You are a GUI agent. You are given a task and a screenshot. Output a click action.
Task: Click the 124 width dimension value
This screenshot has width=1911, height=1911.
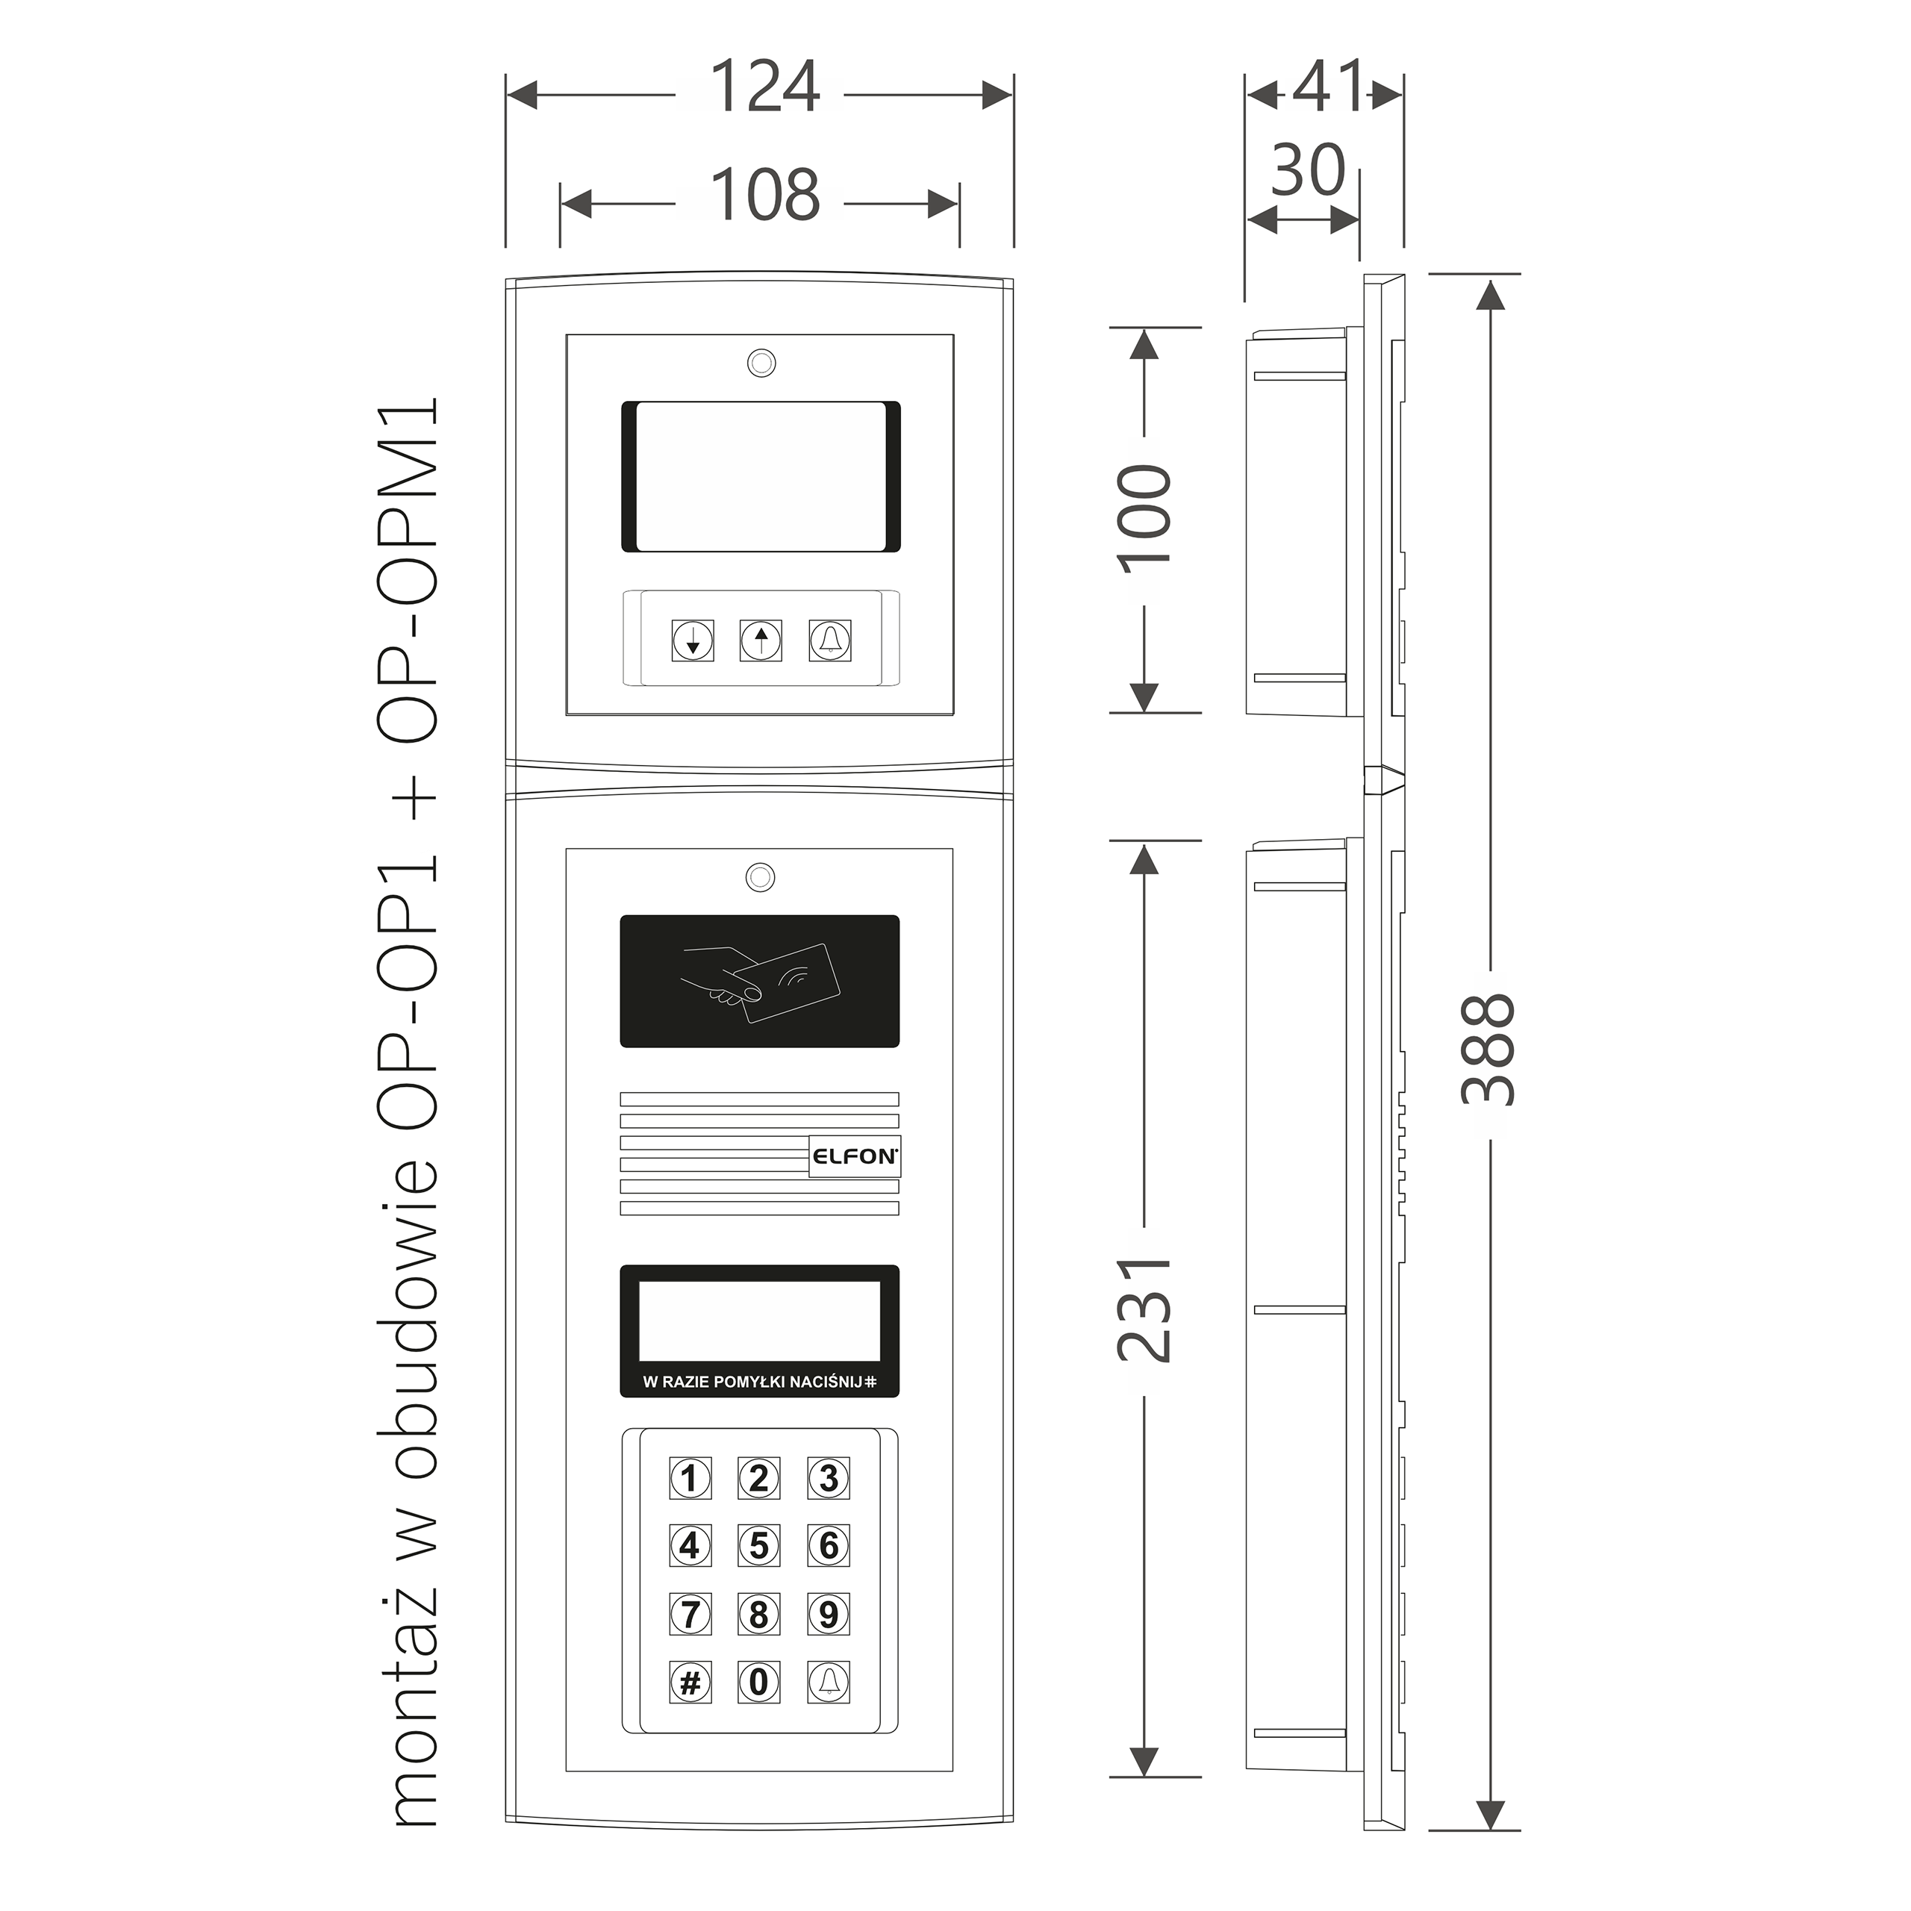click(x=764, y=87)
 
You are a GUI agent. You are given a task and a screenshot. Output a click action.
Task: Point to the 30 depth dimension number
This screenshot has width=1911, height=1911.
click(x=1308, y=171)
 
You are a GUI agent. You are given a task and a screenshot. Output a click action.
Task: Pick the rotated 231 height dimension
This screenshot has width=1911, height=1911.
click(x=1144, y=1311)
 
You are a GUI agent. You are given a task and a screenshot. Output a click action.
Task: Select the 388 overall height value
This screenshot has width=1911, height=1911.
click(x=1488, y=1050)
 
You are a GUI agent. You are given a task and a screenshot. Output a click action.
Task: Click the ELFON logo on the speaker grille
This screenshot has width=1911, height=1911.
click(x=855, y=1156)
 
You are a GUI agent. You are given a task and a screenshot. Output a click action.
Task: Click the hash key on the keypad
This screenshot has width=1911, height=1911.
click(x=690, y=1682)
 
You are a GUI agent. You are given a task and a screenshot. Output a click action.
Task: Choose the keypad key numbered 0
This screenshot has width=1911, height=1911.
click(x=758, y=1682)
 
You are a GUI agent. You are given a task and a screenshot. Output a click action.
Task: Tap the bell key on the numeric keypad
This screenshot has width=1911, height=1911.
click(x=829, y=1682)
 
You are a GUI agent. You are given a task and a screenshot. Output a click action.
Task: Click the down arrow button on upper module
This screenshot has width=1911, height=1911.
click(x=693, y=640)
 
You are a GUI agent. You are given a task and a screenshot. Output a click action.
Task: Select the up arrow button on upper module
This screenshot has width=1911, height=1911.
click(x=761, y=640)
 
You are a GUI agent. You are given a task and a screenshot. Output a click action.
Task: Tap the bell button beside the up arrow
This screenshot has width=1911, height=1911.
click(x=830, y=640)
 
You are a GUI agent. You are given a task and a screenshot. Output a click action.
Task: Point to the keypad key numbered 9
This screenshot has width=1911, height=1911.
click(x=829, y=1613)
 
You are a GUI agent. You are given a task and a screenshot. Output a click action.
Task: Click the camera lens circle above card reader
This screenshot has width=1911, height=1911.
click(x=761, y=876)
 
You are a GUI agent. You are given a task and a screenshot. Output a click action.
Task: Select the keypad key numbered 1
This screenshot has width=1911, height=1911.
click(x=690, y=1478)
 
